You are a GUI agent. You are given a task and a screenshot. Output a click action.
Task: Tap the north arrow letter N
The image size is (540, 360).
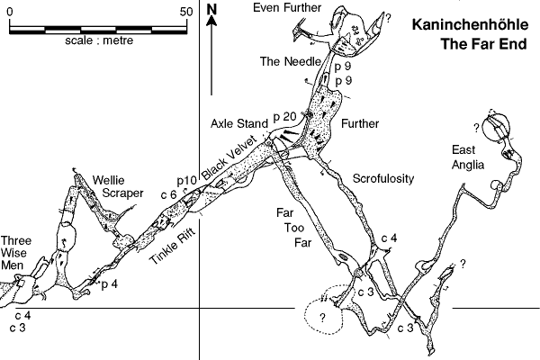(x=211, y=10)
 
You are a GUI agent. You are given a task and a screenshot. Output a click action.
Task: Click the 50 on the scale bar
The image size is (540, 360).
(x=187, y=12)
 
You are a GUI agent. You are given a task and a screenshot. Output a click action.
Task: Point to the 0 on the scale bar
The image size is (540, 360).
(x=10, y=12)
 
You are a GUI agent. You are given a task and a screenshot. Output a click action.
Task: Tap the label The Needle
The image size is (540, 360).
(x=289, y=62)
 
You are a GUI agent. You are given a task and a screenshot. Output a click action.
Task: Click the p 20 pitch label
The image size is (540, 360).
(x=283, y=116)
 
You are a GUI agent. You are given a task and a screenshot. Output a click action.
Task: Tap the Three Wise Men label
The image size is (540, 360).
(x=19, y=253)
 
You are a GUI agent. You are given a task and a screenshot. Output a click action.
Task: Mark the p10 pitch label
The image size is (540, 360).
(x=186, y=181)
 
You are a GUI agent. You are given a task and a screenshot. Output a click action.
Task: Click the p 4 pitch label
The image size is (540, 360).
(x=110, y=285)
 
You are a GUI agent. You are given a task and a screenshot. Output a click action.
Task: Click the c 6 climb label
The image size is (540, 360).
(x=168, y=193)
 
